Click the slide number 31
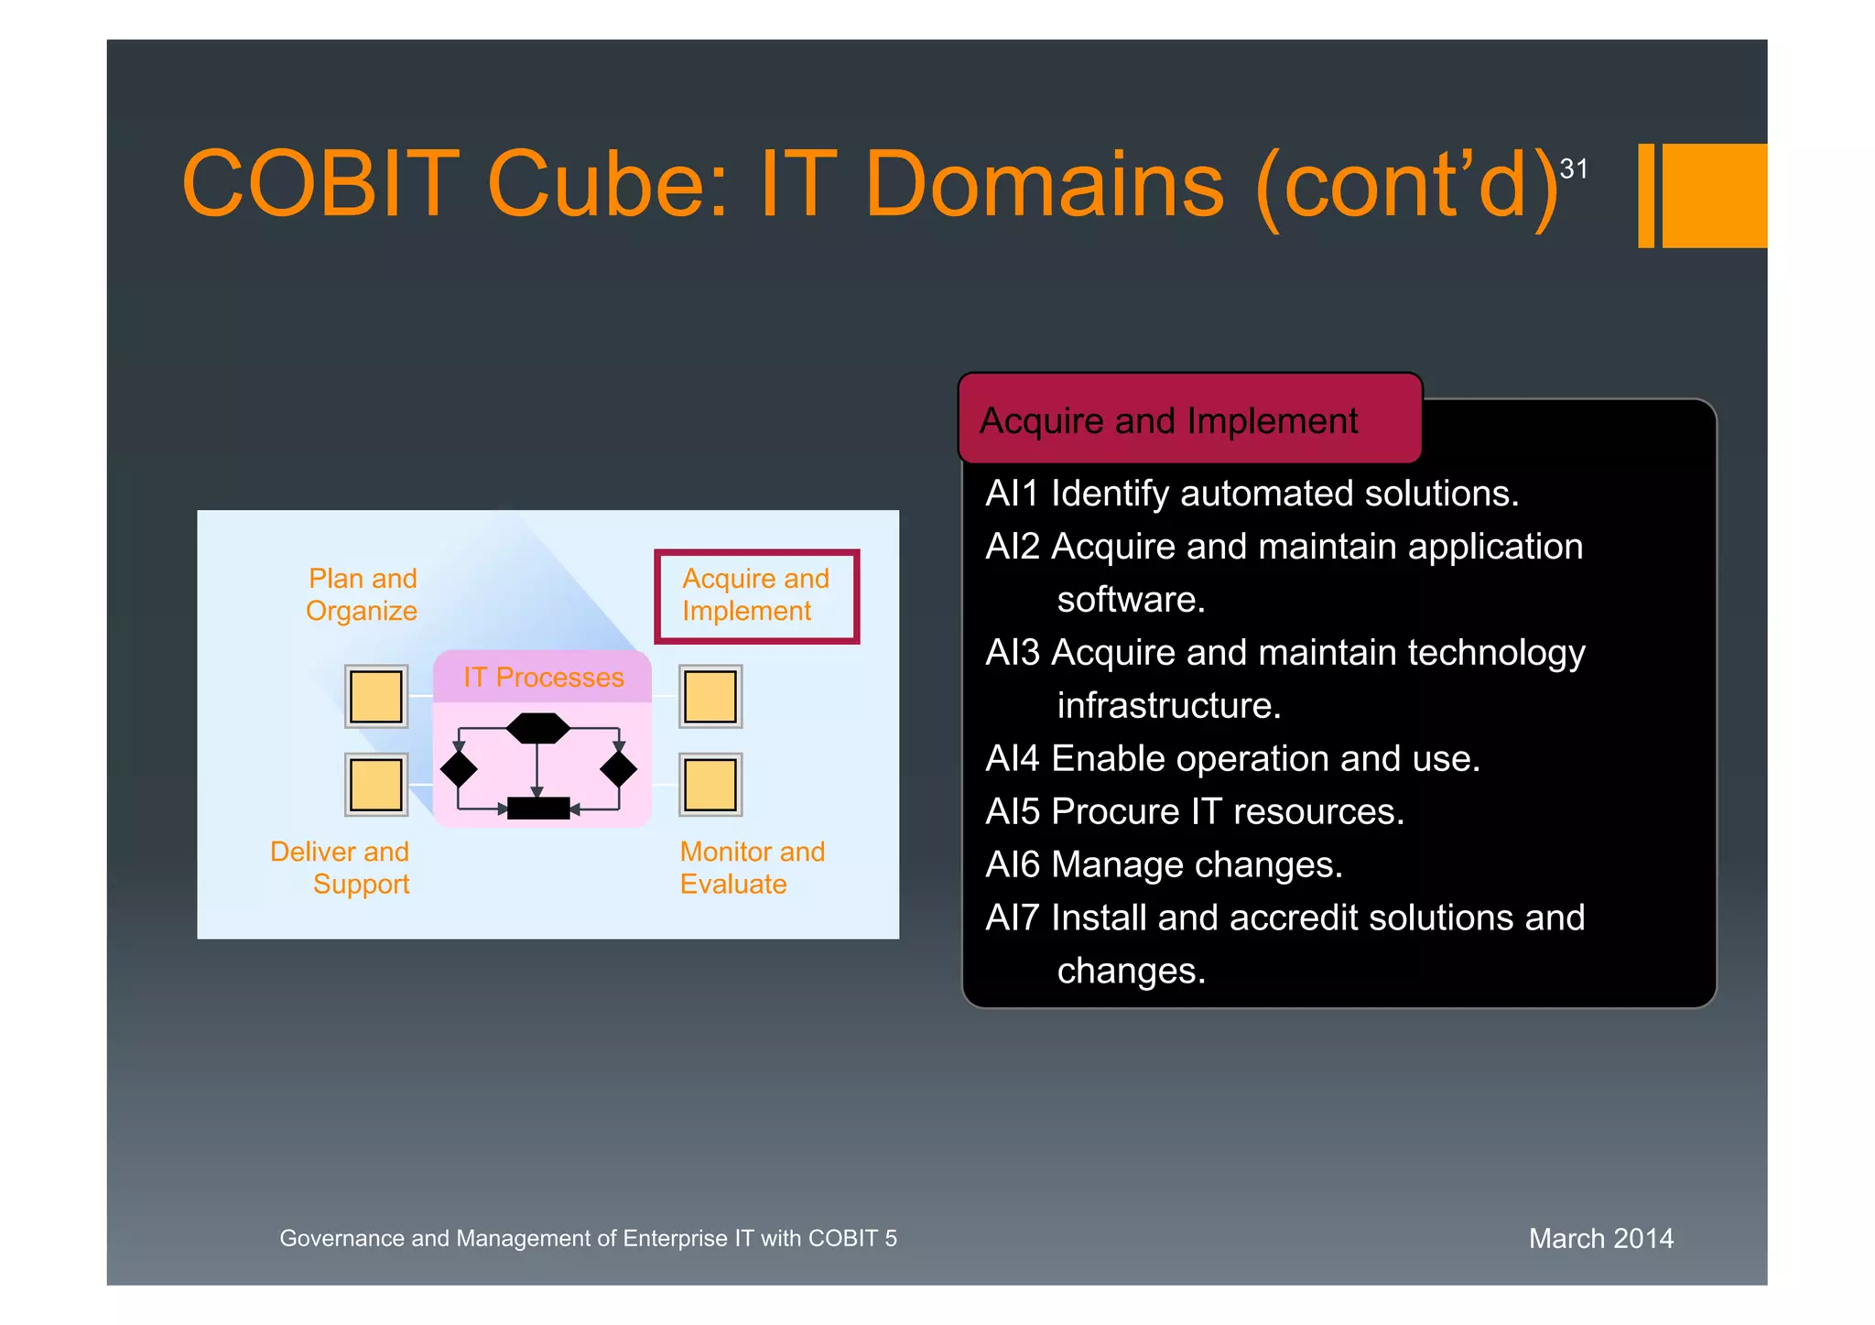pyautogui.click(x=1573, y=169)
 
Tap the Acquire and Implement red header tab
pyautogui.click(x=1188, y=420)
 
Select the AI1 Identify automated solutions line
pyautogui.click(x=1252, y=494)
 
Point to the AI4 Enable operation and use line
pyautogui.click(x=1232, y=759)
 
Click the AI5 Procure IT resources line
pyautogui.click(x=1194, y=812)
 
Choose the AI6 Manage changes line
pyautogui.click(x=1163, y=865)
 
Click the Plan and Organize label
pyautogui.click(x=363, y=595)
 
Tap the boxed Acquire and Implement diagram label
pyautogui.click(x=756, y=596)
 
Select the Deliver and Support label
pyautogui.click(x=341, y=868)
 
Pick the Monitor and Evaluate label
pyautogui.click(x=752, y=868)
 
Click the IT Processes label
pyautogui.click(x=543, y=678)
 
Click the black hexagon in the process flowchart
pyautogui.click(x=538, y=729)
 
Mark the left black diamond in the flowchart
pyautogui.click(x=459, y=769)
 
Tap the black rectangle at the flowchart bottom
pyautogui.click(x=538, y=809)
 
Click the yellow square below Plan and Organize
pyautogui.click(x=376, y=697)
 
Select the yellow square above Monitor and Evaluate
pyautogui.click(x=710, y=785)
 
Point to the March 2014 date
pyautogui.click(x=1600, y=1239)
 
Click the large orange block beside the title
pyautogui.click(x=1714, y=196)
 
